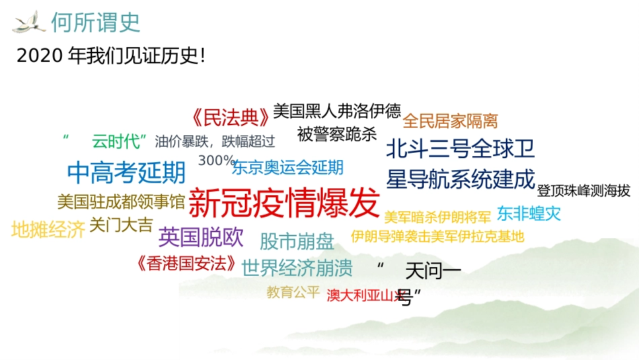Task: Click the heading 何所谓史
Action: pyautogui.click(x=96, y=23)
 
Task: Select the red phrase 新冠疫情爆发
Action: pyautogui.click(x=285, y=202)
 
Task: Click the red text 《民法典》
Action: pyautogui.click(x=230, y=118)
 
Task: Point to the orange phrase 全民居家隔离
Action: pyautogui.click(x=451, y=121)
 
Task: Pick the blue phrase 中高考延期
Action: pyautogui.click(x=126, y=173)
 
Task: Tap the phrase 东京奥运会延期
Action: pyautogui.click(x=288, y=167)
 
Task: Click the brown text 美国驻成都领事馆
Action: pyautogui.click(x=121, y=201)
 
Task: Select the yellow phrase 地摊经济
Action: pyautogui.click(x=48, y=229)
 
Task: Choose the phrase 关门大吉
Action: pyautogui.click(x=121, y=225)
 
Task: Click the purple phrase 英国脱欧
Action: pyautogui.click(x=200, y=237)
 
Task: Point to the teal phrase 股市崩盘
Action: pyautogui.click(x=297, y=240)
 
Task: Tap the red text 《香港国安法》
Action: pyautogui.click(x=186, y=263)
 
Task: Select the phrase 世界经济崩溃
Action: pyautogui.click(x=297, y=268)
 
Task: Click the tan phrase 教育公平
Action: pyautogui.click(x=293, y=292)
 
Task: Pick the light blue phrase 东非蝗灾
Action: pyautogui.click(x=528, y=214)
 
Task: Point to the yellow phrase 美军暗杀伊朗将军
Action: pyautogui.click(x=437, y=217)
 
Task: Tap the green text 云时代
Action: pyautogui.click(x=118, y=141)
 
